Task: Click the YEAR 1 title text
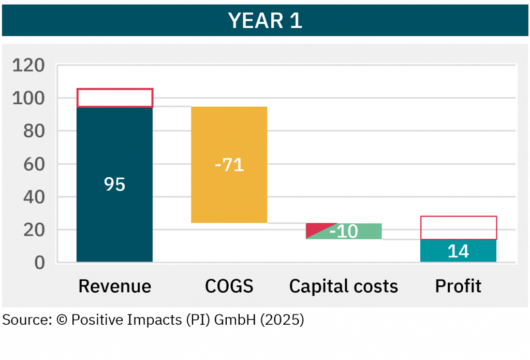coord(265,21)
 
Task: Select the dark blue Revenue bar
coord(114,218)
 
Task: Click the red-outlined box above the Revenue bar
coord(114,98)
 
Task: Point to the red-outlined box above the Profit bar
coord(458,228)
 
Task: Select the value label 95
coord(114,184)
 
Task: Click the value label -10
coord(344,232)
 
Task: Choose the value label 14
coord(458,251)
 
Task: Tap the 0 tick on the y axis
coord(39,263)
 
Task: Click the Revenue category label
coord(114,286)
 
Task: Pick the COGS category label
coord(229,286)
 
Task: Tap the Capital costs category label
coord(344,286)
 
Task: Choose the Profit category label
coord(458,286)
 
